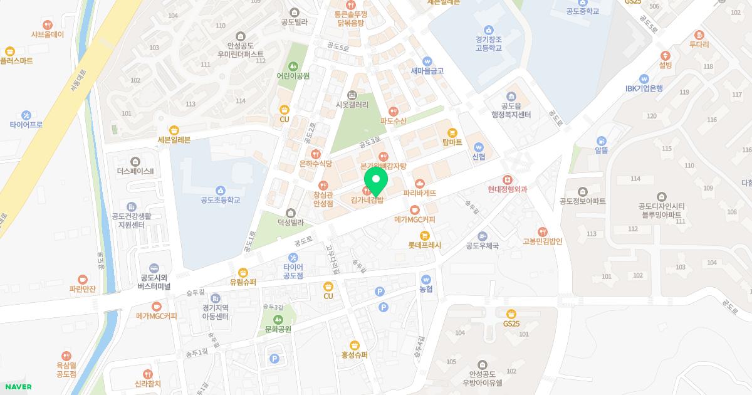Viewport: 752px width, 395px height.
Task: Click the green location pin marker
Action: pos(375,181)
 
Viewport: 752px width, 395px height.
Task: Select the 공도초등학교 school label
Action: pos(220,200)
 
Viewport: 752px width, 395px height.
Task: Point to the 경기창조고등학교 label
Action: pos(488,43)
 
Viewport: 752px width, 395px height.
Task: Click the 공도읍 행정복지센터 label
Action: pos(511,110)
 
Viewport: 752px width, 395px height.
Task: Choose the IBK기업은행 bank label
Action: pos(644,88)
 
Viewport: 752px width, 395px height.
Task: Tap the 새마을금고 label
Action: pos(427,71)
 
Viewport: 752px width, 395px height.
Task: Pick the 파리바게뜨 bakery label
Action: pos(419,193)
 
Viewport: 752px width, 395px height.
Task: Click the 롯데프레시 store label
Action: pos(425,245)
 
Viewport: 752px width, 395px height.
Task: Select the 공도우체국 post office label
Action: pos(482,246)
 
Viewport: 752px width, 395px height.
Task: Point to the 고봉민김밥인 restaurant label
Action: pos(543,241)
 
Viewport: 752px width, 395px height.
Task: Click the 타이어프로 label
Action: pos(26,124)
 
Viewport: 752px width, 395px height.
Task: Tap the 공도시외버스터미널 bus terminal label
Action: pos(154,282)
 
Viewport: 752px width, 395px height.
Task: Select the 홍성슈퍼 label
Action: pos(354,354)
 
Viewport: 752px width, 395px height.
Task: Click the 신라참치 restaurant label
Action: pos(147,383)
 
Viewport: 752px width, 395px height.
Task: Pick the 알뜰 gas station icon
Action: pos(602,141)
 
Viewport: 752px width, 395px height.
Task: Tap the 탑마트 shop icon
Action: pos(452,133)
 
